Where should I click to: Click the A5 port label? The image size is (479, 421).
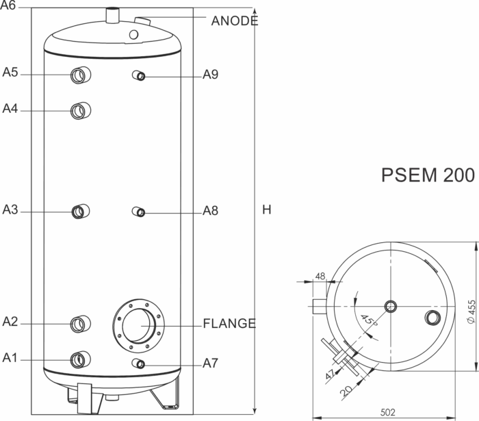(10, 73)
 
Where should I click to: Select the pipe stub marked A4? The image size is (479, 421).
(81, 111)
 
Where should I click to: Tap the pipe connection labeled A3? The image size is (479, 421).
(80, 212)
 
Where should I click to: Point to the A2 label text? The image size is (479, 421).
(10, 322)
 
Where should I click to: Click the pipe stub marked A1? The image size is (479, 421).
(81, 359)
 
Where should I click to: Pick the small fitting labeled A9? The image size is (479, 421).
(139, 75)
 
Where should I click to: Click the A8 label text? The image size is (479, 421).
(211, 211)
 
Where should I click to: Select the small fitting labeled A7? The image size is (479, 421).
(139, 363)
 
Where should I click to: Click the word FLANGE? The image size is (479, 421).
(229, 323)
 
